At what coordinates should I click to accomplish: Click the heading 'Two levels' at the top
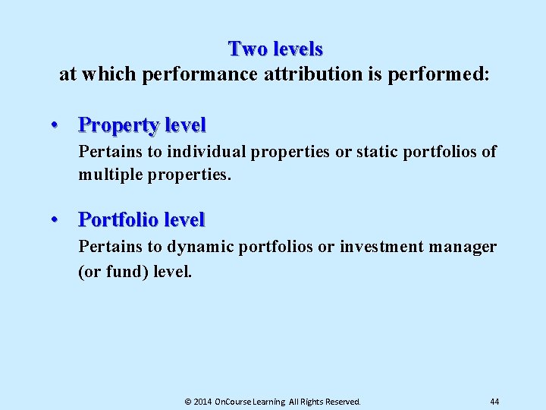[275, 49]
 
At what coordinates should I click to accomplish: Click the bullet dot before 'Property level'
[56, 124]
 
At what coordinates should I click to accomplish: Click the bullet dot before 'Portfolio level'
[56, 220]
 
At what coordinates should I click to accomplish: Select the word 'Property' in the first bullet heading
[115, 124]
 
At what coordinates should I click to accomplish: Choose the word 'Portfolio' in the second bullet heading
[118, 220]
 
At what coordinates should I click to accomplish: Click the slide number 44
[494, 400]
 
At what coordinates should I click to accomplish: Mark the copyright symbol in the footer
[188, 400]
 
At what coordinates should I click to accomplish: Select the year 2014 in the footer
[202, 400]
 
